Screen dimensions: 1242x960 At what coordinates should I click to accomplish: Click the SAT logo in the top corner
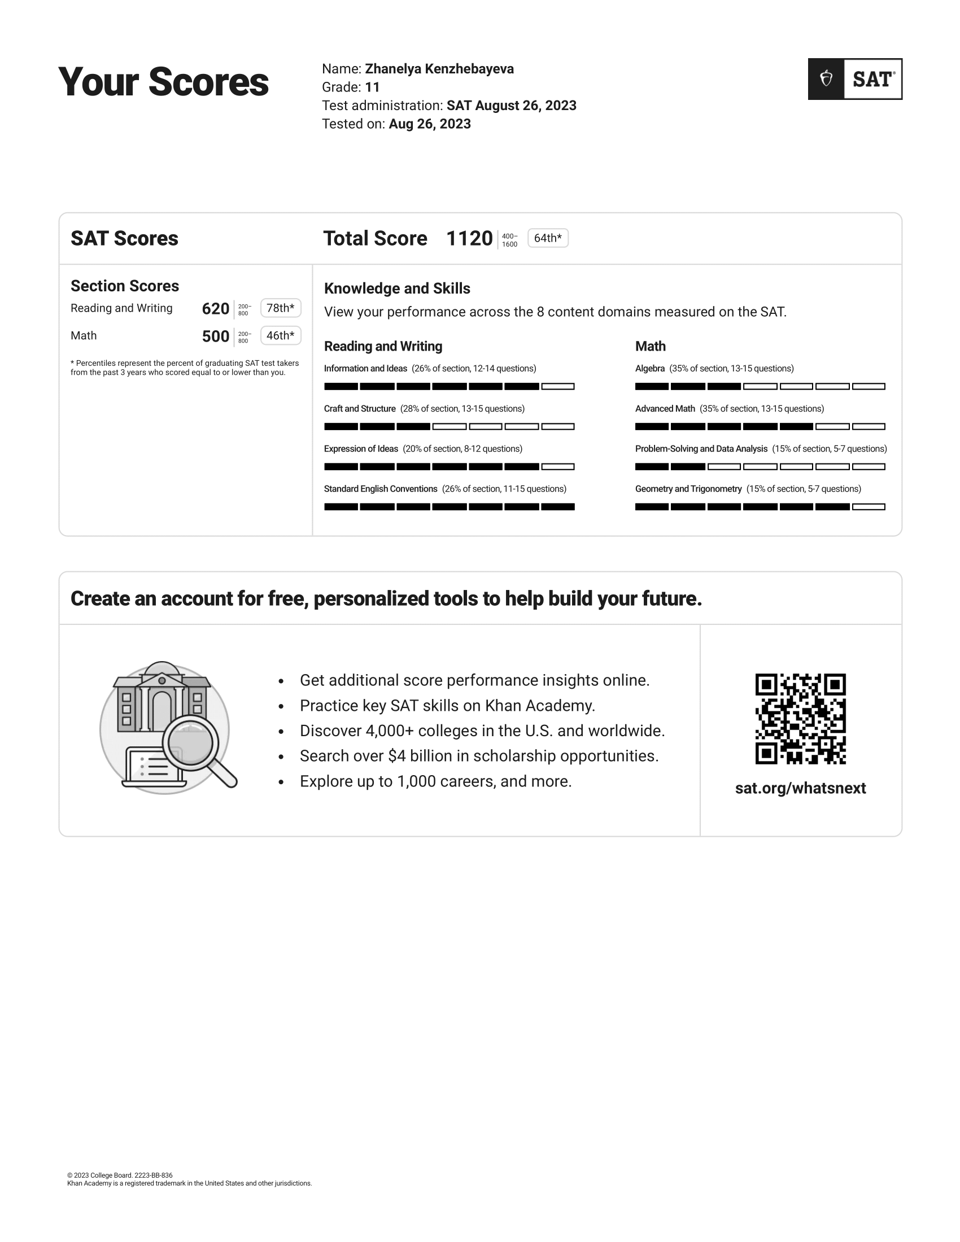coord(855,79)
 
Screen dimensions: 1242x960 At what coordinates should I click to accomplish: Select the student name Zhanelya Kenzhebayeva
coord(439,69)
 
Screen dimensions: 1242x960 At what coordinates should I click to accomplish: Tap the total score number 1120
coord(469,239)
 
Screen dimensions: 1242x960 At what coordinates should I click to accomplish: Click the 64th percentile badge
coord(548,238)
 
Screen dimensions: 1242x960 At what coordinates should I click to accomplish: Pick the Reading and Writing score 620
coord(216,309)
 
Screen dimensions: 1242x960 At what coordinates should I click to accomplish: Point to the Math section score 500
coord(216,336)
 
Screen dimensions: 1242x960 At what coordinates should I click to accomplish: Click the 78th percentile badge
coord(281,308)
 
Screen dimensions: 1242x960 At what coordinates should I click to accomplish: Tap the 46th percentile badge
coord(281,336)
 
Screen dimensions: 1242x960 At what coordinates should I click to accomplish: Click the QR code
coord(800,719)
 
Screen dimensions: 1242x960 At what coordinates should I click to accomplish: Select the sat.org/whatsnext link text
coord(800,788)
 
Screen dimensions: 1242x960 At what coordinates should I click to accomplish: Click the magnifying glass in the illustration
coord(191,744)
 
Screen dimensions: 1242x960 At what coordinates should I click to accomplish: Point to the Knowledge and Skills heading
coord(397,288)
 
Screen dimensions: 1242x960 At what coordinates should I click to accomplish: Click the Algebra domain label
coord(650,369)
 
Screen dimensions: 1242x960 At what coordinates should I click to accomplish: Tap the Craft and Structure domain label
coord(359,409)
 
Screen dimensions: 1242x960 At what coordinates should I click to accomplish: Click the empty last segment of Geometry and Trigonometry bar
coord(869,507)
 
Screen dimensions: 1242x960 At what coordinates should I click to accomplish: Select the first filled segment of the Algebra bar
coord(652,387)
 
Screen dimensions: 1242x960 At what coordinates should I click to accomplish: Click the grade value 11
coord(373,87)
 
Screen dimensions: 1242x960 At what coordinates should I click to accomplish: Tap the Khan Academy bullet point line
coord(447,706)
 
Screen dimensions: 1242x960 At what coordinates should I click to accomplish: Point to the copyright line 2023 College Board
coord(120,1175)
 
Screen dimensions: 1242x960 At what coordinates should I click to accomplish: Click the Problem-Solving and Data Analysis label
coord(701,449)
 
